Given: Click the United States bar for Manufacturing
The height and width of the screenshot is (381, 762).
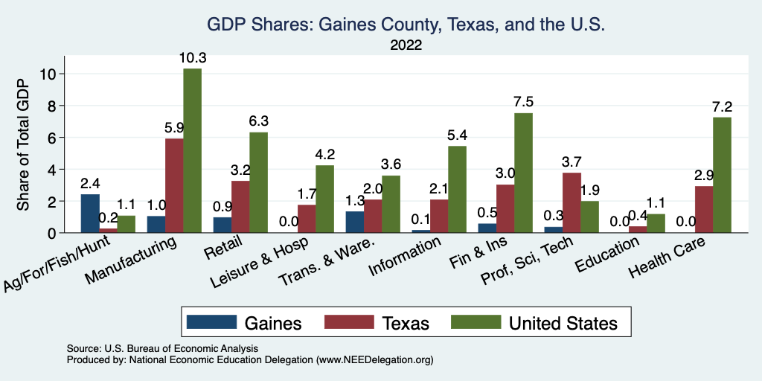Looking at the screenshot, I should coord(192,150).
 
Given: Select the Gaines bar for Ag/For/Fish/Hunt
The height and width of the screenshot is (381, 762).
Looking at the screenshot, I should coord(90,214).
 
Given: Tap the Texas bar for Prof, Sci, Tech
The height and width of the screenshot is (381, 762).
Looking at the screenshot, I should coord(571,202).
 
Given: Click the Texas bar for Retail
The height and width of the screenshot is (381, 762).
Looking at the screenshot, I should coord(240,207).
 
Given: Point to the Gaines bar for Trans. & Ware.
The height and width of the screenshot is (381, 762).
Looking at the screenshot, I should coord(354,222).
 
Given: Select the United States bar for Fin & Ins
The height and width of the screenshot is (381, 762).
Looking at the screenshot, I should coord(523,173).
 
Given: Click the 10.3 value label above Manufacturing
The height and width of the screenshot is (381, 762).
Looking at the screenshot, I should coord(192,57).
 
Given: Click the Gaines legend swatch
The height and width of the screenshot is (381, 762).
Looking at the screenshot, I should coord(211,322).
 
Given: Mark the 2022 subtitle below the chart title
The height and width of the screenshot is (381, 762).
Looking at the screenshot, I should coord(406,45).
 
